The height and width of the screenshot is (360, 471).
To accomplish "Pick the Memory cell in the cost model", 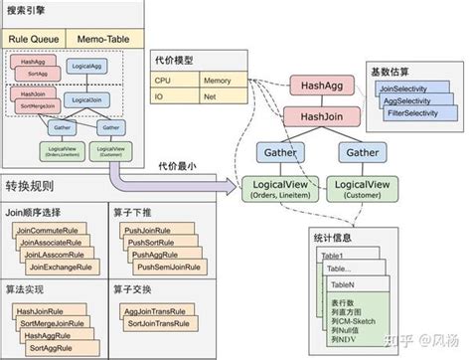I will (x=221, y=81).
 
